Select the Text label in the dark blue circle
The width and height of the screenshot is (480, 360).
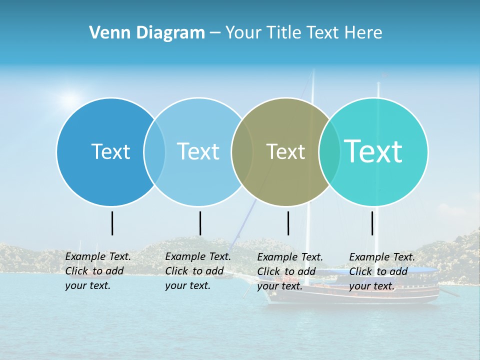coord(110,151)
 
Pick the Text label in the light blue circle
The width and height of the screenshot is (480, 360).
coord(198,151)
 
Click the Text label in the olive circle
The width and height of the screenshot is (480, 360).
coord(285,151)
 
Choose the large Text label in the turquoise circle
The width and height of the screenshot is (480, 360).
coord(373,151)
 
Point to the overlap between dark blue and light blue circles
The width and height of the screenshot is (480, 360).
coord(154,151)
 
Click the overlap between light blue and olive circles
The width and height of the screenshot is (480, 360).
coord(242,151)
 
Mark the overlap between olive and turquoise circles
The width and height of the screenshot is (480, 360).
coord(329,151)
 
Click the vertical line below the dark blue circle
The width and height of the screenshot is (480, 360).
coord(112,223)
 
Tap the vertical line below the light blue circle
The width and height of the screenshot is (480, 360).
coord(200,223)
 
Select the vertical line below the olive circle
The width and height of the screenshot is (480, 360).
coord(288,223)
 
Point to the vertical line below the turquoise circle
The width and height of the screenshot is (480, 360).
coord(372,223)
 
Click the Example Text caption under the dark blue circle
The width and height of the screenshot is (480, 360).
coord(98,271)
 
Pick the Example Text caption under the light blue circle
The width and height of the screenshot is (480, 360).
coord(198,271)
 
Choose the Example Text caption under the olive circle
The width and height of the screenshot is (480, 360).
coord(290,271)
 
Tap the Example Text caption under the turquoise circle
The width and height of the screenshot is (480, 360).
coord(382,271)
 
